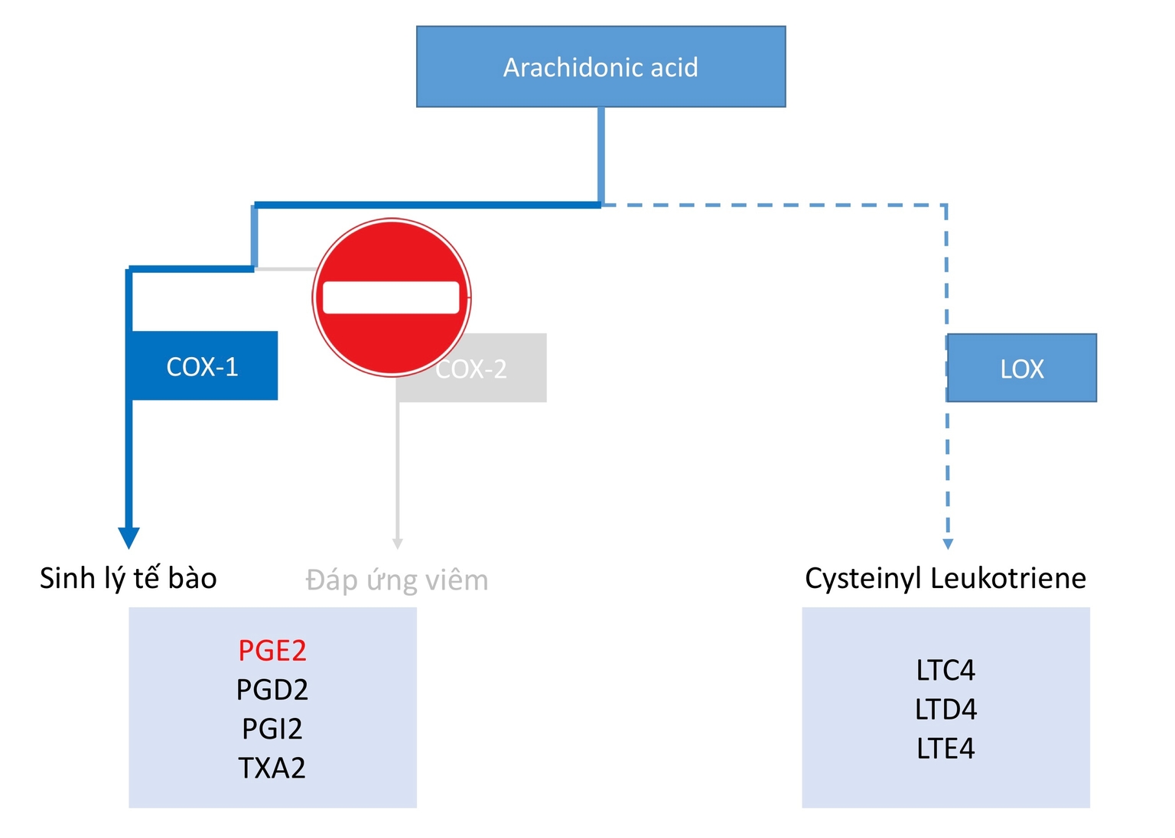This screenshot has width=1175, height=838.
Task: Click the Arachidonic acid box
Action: (x=601, y=67)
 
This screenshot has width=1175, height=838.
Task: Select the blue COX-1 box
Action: (x=203, y=366)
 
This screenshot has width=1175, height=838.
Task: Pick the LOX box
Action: (x=1022, y=369)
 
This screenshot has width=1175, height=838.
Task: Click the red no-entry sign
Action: (x=392, y=252)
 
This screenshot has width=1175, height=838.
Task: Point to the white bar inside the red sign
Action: (x=391, y=297)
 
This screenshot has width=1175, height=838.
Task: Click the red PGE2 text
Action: (x=272, y=651)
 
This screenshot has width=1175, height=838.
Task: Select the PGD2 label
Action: (x=272, y=690)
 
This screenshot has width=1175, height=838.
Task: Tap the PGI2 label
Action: (x=272, y=729)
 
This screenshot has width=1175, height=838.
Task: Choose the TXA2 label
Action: (x=272, y=768)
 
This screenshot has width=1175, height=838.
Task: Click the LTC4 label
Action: (x=946, y=671)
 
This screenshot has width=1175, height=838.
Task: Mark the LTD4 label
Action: (x=946, y=710)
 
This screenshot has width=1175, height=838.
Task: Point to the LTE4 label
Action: (x=946, y=749)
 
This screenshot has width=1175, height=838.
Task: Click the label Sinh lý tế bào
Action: (x=129, y=578)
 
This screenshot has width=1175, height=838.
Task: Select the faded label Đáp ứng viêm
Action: (x=397, y=580)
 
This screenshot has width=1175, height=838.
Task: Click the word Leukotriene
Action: (x=1009, y=578)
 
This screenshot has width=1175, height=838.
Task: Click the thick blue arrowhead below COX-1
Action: (x=129, y=538)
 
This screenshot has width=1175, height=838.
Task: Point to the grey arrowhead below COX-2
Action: (x=398, y=544)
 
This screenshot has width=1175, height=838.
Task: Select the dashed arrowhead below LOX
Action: (x=948, y=544)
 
